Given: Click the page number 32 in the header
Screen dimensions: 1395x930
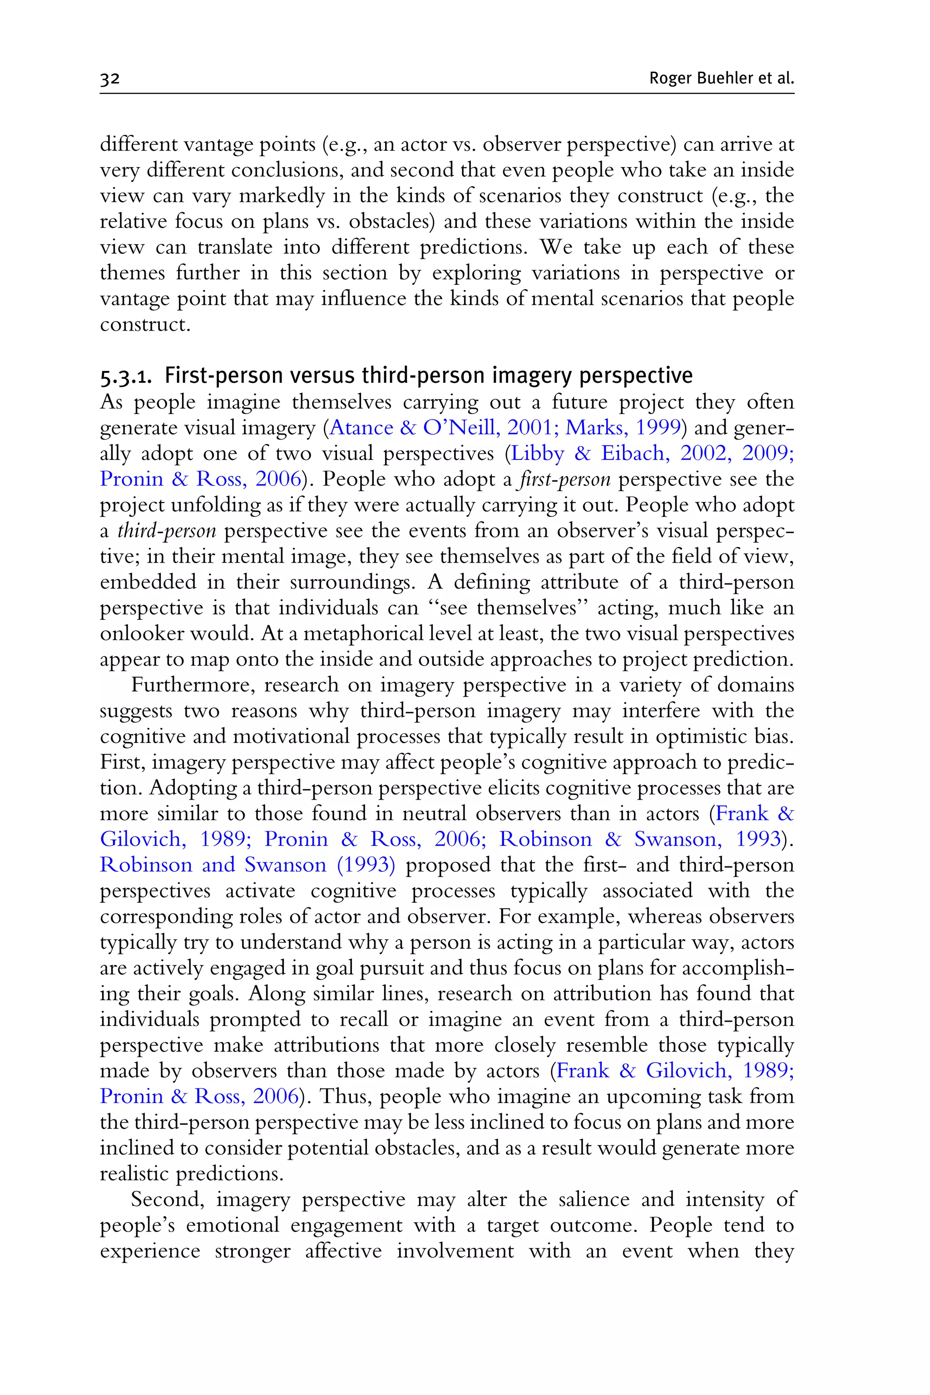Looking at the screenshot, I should pyautogui.click(x=110, y=79).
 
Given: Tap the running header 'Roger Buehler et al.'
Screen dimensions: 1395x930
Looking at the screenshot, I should pyautogui.click(x=721, y=78).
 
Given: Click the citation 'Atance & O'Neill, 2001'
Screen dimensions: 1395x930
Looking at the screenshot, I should pyautogui.click(x=440, y=428).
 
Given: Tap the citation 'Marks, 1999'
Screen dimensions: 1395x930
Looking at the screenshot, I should pyautogui.click(x=623, y=428).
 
